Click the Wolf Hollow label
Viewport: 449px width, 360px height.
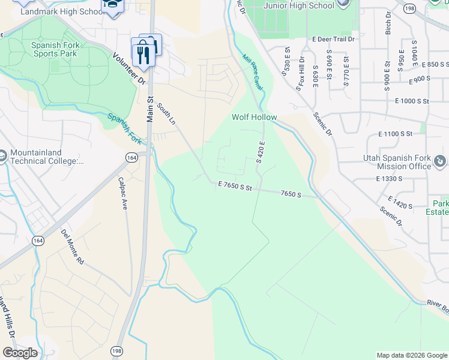[255, 118]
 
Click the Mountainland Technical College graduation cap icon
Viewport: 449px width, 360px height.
[2, 155]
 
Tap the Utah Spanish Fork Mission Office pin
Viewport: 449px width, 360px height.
[440, 161]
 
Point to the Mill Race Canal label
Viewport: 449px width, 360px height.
[253, 73]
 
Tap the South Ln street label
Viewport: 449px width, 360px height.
[166, 113]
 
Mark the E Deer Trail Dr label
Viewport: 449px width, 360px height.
[334, 38]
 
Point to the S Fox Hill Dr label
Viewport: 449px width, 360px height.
[300, 74]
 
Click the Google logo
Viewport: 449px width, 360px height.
[20, 353]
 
